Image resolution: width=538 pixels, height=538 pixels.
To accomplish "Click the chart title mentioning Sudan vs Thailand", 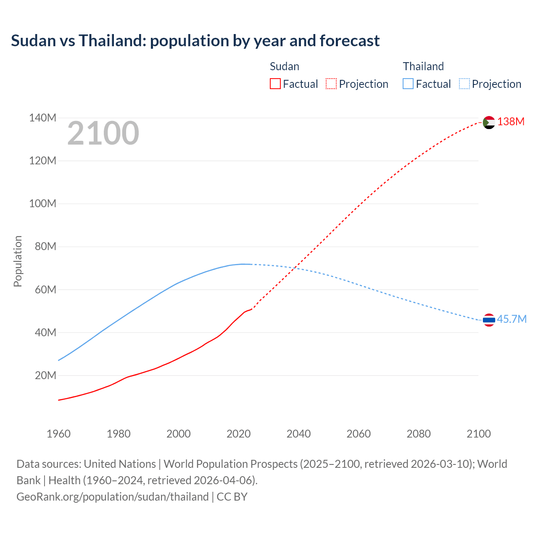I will tap(195, 41).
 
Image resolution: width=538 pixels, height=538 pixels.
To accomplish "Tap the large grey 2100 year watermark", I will tap(103, 133).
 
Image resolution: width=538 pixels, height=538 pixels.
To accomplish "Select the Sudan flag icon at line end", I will tap(489, 122).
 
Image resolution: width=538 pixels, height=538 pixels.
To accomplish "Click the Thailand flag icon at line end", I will tap(489, 320).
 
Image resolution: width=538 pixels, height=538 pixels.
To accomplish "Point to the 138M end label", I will tap(511, 122).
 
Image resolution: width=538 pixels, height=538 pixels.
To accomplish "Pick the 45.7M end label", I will tap(512, 319).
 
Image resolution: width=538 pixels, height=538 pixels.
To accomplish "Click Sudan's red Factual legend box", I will tap(275, 84).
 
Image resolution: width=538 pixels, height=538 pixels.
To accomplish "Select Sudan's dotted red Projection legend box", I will tap(331, 84).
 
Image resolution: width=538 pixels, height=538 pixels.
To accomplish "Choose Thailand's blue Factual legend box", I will tap(408, 84).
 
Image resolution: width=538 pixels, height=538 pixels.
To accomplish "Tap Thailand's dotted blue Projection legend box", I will tap(464, 84).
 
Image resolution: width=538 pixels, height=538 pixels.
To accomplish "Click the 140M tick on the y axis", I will tap(42, 118).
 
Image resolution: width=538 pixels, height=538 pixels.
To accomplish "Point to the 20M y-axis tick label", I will tap(45, 375).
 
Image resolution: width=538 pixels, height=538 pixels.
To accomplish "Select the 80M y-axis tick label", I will tap(45, 247).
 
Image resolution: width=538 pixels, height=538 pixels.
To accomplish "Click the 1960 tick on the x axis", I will tap(58, 434).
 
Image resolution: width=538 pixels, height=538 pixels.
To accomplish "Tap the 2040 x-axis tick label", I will tap(298, 434).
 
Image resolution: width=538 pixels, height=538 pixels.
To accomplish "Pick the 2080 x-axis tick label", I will tap(419, 434).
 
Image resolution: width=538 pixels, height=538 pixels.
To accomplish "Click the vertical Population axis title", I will tap(18, 261).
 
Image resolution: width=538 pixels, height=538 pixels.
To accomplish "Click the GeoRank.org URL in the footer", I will tap(113, 497).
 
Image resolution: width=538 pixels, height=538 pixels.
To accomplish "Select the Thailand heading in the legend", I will tap(423, 66).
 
